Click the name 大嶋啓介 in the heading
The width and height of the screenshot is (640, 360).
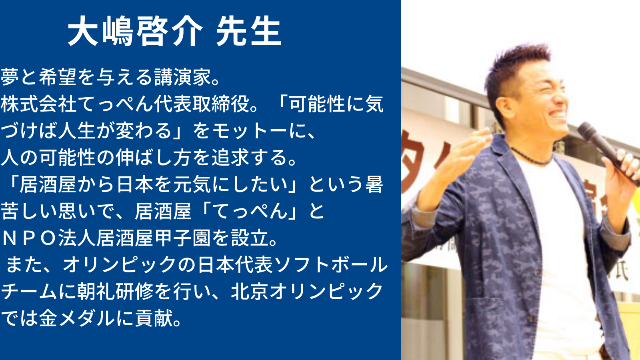point(135,31)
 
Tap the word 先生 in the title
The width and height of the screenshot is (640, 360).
point(249,31)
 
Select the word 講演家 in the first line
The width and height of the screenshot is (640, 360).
point(182,77)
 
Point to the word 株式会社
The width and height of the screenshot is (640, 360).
point(38,104)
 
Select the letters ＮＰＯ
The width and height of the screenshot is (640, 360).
point(29,238)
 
